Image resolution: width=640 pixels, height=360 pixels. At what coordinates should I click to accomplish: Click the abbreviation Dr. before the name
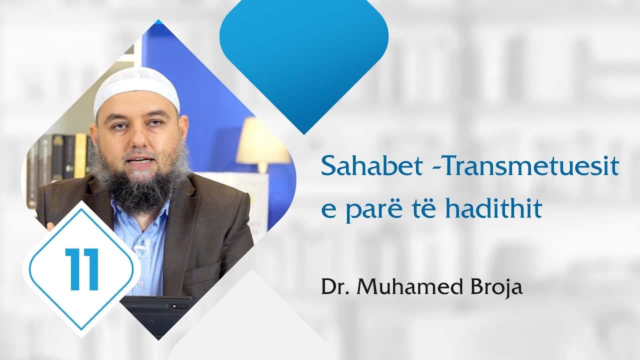click(333, 288)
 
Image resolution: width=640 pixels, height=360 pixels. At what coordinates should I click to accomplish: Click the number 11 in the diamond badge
click(81, 268)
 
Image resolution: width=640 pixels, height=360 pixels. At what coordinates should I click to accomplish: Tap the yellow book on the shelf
click(80, 155)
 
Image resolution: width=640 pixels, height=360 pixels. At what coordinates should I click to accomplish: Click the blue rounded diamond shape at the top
click(303, 55)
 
